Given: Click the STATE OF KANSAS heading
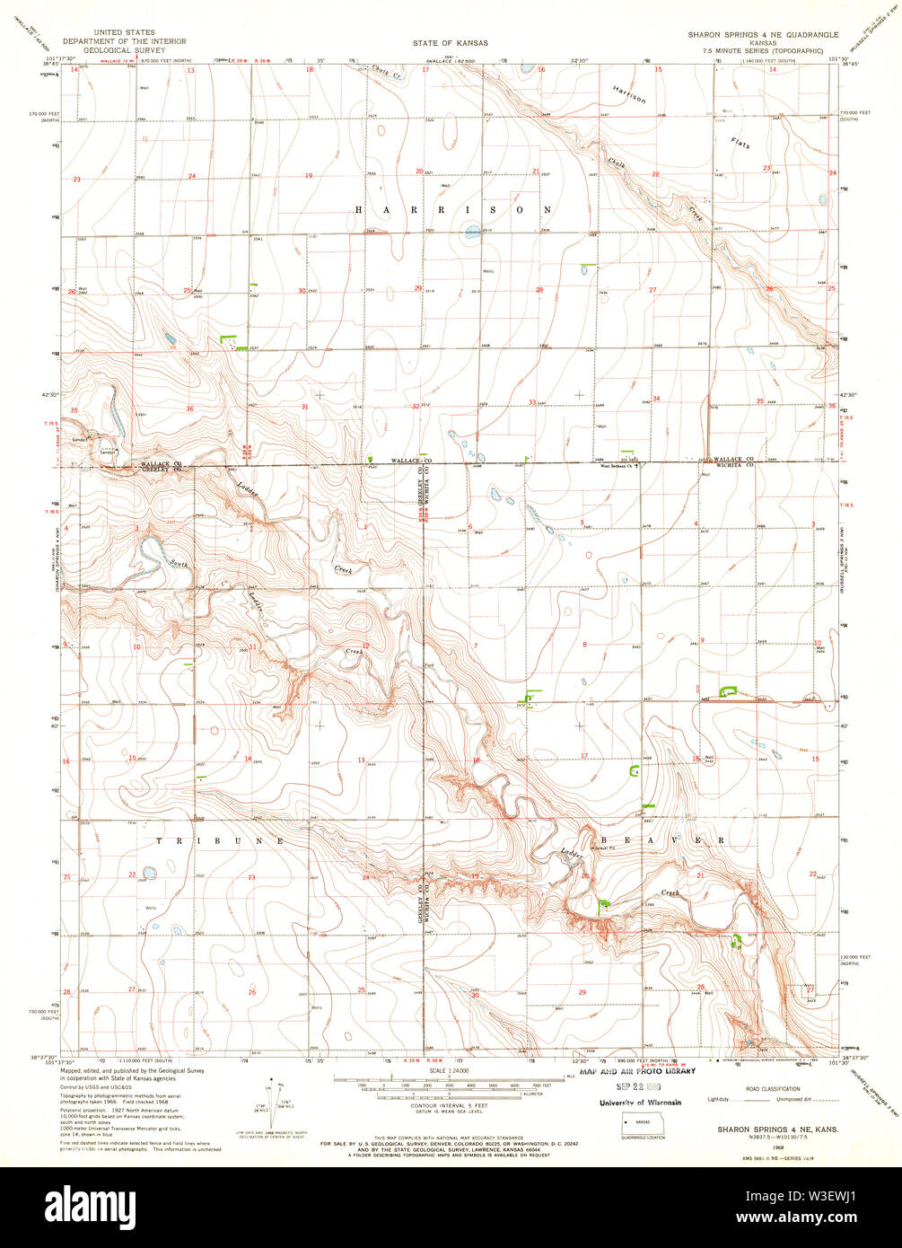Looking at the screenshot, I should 444,42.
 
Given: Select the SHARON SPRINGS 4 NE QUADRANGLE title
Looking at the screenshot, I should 763,34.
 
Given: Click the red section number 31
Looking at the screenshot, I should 304,407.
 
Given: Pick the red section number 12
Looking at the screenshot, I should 365,646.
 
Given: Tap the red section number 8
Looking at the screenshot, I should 584,645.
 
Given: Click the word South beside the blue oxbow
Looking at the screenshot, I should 180,564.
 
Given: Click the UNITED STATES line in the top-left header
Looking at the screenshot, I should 136,32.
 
